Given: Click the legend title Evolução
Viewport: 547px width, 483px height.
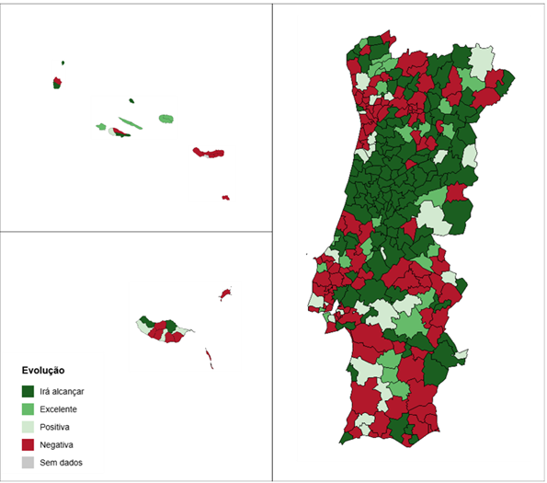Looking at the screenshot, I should [42, 371].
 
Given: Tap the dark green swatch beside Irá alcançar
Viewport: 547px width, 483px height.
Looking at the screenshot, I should [28, 391].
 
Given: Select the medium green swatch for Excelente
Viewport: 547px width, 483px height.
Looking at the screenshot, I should [28, 408].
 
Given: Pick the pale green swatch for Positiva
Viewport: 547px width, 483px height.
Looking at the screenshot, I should [28, 427].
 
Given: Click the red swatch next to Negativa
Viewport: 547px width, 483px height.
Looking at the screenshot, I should [28, 444].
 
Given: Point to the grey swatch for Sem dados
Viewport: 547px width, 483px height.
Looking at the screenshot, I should [28, 463].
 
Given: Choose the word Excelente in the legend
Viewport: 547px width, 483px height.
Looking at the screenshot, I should [59, 408].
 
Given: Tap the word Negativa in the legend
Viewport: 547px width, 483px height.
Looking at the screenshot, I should [57, 445].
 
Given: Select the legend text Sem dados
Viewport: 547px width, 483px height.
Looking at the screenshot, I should [60, 463].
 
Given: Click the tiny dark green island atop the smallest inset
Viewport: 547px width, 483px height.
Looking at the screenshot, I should [63, 63].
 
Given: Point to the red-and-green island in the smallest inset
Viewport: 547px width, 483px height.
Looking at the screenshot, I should [58, 82].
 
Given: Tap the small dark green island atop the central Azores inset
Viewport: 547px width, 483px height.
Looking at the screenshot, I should [131, 101].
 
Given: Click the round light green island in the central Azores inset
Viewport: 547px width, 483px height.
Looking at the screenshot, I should [165, 119].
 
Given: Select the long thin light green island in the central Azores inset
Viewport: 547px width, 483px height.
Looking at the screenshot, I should [128, 121].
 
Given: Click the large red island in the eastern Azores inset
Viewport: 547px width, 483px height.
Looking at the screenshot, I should [208, 153].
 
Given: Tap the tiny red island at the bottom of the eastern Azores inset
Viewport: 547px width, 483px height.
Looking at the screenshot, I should [226, 197].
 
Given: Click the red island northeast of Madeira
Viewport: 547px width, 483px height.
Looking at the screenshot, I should [223, 294].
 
